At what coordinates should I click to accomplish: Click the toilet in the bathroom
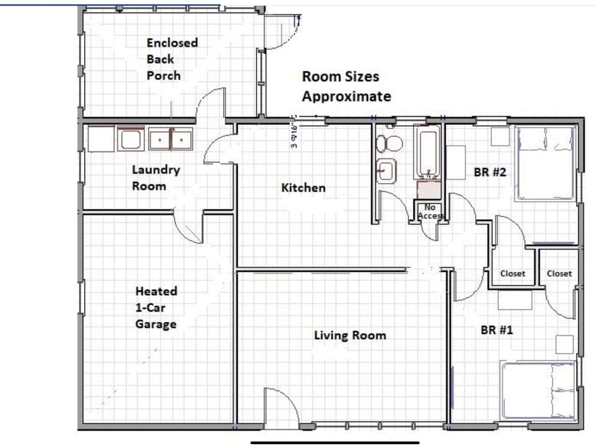(390, 143)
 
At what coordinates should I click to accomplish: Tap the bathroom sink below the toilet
(387, 169)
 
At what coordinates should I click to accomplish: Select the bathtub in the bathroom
(428, 153)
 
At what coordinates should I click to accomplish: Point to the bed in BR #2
(544, 164)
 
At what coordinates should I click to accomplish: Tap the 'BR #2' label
(490, 172)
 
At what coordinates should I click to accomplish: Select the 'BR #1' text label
(497, 330)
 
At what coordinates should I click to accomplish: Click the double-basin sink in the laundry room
(171, 140)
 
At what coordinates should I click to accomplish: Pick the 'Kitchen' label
(303, 187)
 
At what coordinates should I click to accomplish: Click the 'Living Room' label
(350, 336)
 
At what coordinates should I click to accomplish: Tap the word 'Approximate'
(346, 97)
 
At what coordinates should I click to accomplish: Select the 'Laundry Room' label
(155, 177)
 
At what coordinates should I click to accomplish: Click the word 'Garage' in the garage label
(156, 324)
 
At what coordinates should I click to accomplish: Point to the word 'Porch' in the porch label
(163, 76)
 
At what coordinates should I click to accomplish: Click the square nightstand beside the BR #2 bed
(500, 136)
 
